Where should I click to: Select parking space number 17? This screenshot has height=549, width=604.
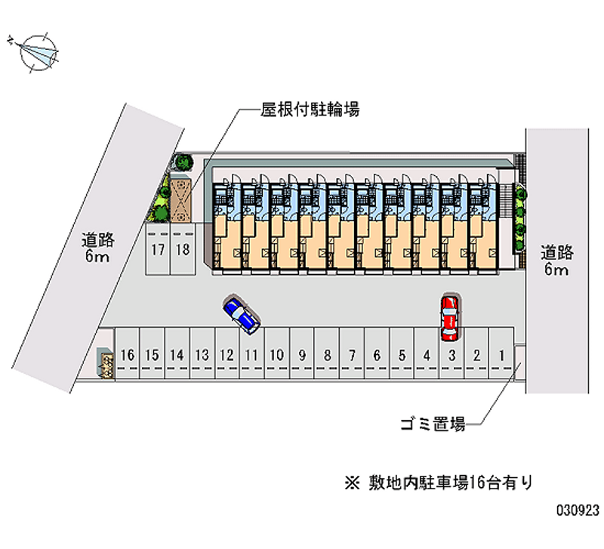click(157, 250)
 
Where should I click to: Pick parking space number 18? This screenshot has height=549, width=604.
click(181, 250)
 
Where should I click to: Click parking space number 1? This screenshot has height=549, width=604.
click(501, 353)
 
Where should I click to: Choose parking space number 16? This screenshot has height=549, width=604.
click(128, 353)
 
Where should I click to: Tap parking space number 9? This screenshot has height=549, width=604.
click(302, 353)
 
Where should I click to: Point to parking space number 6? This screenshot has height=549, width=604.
click(377, 353)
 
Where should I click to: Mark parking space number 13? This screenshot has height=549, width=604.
click(202, 353)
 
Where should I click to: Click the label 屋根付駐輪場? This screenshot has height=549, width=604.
click(309, 110)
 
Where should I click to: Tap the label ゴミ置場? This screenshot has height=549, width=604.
click(432, 424)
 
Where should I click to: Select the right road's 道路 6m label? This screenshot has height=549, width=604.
click(556, 261)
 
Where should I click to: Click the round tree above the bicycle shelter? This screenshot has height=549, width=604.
click(182, 162)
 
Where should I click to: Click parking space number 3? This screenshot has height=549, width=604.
click(451, 353)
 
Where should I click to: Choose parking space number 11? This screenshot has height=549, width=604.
click(251, 353)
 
